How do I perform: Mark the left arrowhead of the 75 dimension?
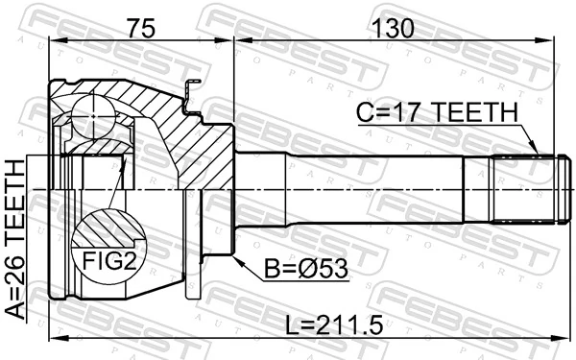[54, 42]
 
